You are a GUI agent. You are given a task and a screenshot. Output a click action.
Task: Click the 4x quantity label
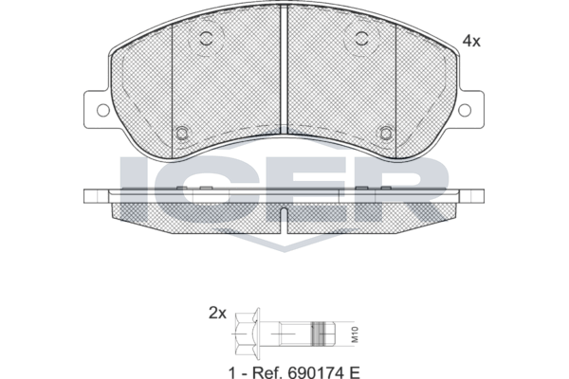471,42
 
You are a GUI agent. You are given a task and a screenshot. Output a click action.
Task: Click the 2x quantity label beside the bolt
217,313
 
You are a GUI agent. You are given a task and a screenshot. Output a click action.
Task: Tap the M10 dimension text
355,334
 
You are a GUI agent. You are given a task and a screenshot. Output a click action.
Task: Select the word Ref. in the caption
266,372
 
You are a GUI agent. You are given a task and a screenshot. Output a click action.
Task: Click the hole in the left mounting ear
103,110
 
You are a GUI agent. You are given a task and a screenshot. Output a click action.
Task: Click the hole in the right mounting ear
465,110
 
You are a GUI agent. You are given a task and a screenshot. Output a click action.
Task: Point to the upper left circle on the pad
207,38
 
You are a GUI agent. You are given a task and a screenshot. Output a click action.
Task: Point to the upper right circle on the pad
362,38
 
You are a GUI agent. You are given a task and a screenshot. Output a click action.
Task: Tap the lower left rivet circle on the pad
182,133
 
